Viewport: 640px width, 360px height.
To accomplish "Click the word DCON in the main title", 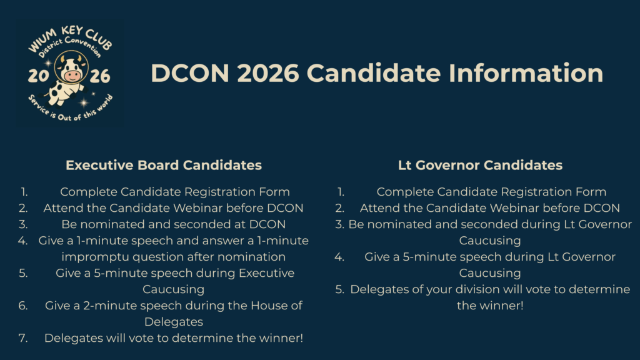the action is click(x=190, y=74).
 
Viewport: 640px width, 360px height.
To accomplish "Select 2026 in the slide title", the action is click(x=268, y=74).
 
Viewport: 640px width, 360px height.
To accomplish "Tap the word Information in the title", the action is click(x=526, y=74).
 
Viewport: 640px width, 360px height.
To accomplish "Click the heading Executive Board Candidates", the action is click(x=164, y=165).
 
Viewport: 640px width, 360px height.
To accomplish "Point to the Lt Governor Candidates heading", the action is click(x=480, y=165).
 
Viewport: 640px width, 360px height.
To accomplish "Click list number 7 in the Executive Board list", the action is click(x=23, y=338).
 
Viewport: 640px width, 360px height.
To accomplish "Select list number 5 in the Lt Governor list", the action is click(x=339, y=289).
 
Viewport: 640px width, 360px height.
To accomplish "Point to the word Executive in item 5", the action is click(x=266, y=273).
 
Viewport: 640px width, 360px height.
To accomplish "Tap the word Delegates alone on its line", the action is click(x=174, y=322).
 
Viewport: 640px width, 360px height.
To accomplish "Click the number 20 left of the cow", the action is click(x=38, y=76).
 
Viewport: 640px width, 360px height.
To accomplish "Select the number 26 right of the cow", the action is click(x=100, y=76).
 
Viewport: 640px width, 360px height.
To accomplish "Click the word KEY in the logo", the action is click(x=72, y=31).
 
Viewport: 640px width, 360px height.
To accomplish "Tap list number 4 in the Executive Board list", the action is click(x=23, y=241).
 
